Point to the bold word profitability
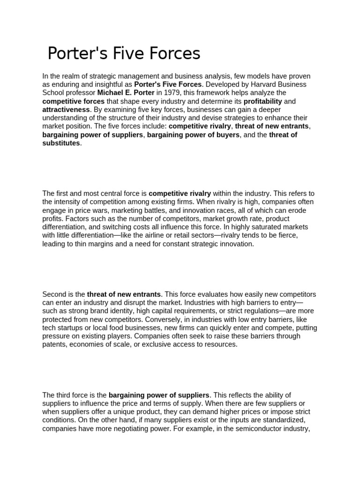262,101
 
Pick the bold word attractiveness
66,110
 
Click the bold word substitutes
61,143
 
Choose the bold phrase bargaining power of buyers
194,135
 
